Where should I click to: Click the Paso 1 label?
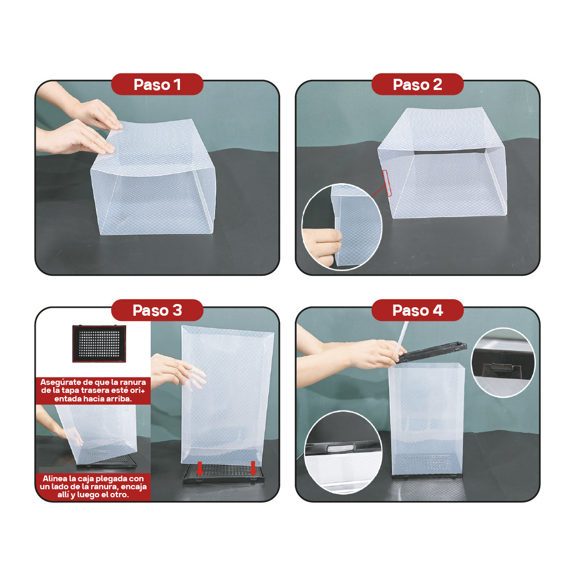[157, 85]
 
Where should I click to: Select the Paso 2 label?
[417, 85]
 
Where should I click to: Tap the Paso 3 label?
[157, 310]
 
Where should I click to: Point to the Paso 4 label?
[417, 310]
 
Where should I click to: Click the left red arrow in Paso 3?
[200, 469]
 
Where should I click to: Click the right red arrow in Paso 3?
[253, 468]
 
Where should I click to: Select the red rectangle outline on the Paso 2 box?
[387, 183]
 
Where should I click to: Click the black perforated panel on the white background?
[99, 343]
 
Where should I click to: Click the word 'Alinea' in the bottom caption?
[55, 479]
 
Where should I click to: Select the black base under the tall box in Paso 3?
[224, 473]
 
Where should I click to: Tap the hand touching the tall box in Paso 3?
[176, 371]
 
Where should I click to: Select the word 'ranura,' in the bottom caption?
[102, 487]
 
